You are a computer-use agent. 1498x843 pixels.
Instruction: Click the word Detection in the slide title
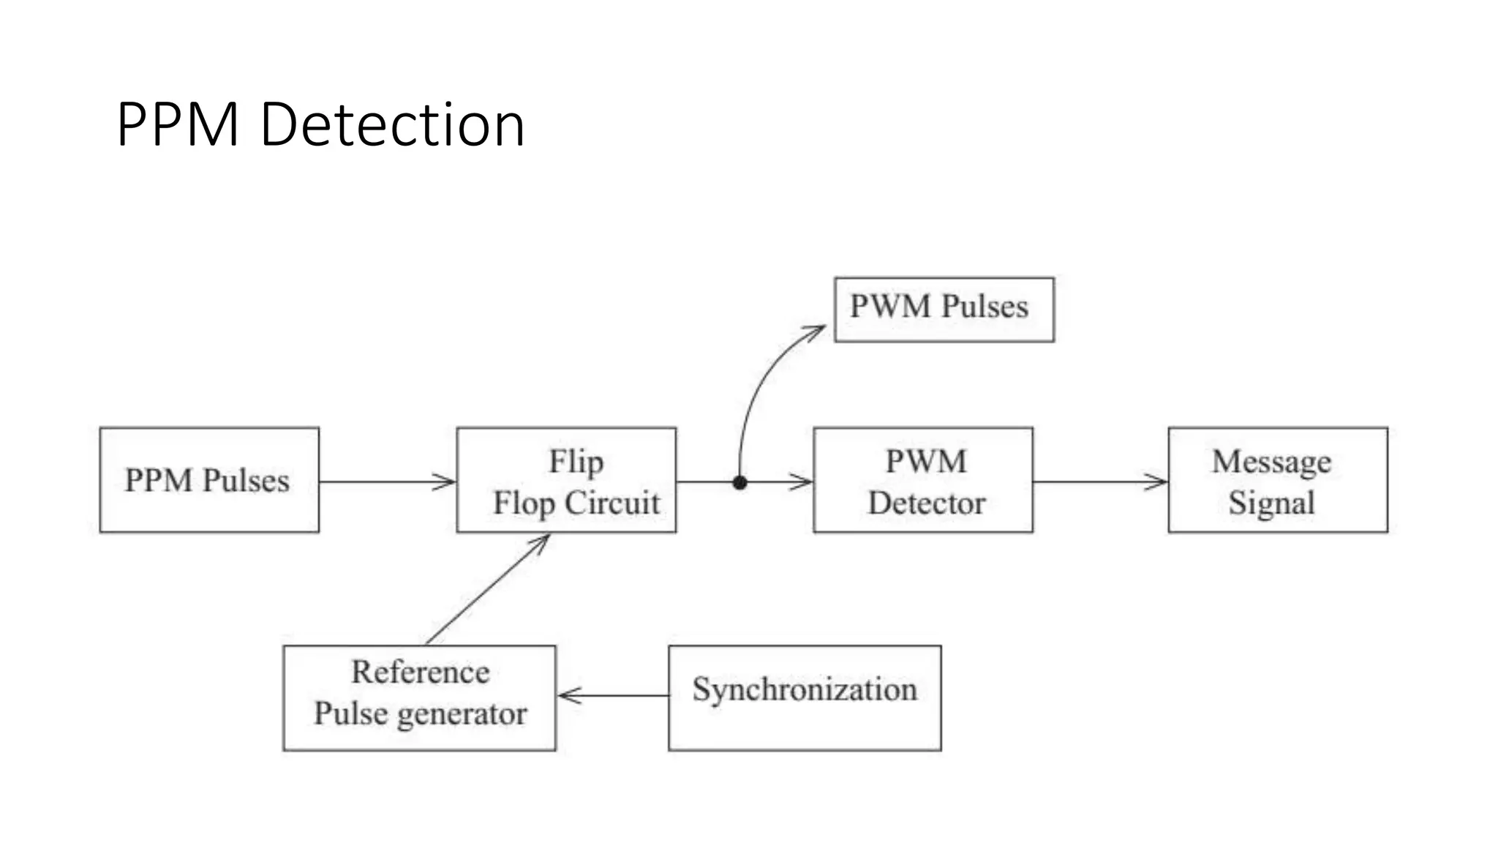point(392,124)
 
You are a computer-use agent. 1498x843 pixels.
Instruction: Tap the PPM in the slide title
point(178,124)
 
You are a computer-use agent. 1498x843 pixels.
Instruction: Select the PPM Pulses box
point(209,480)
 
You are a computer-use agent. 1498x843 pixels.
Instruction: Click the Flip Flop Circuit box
point(566,480)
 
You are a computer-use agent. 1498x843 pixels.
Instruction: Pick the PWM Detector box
point(923,480)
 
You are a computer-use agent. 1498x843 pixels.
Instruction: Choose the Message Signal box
point(1277,480)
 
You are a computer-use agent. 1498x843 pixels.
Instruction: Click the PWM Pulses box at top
point(944,309)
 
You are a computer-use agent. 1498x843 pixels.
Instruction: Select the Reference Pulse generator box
point(419,697)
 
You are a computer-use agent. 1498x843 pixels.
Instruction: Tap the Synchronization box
point(805,697)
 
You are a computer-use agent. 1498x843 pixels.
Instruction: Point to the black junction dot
point(739,482)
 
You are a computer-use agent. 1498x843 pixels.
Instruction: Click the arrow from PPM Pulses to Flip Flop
point(388,482)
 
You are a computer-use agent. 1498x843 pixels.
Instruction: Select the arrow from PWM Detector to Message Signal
point(1100,482)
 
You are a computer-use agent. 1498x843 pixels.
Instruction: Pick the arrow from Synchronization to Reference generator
point(613,695)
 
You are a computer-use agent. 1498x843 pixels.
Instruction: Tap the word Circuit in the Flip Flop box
point(612,503)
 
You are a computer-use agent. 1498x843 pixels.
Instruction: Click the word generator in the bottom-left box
point(462,714)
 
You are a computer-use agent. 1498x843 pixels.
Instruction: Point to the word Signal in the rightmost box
point(1271,503)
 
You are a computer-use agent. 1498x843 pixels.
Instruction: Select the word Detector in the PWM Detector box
point(926,503)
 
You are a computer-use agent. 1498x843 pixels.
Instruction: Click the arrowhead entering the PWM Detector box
point(803,482)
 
